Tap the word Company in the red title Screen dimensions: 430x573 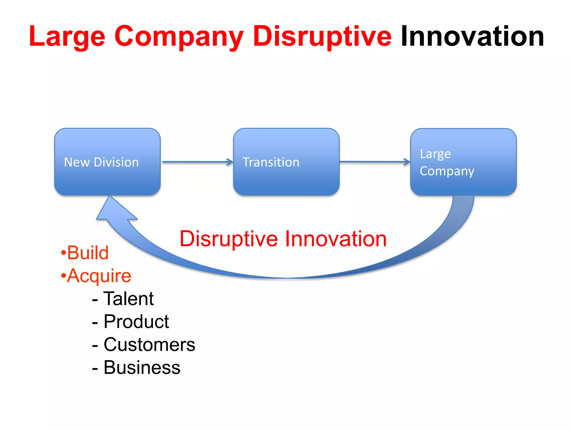(x=179, y=36)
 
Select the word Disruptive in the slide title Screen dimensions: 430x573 (x=322, y=36)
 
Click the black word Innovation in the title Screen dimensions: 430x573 (x=472, y=36)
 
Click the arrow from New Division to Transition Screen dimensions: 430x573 (x=197, y=162)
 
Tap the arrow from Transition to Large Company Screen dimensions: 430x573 (x=374, y=162)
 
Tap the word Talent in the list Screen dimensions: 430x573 (x=128, y=299)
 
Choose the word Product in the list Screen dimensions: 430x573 (x=136, y=322)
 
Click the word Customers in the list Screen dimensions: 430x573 (x=149, y=345)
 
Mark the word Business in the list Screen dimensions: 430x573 (x=142, y=368)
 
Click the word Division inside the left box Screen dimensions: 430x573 (x=116, y=162)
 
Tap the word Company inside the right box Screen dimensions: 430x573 (x=447, y=171)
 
